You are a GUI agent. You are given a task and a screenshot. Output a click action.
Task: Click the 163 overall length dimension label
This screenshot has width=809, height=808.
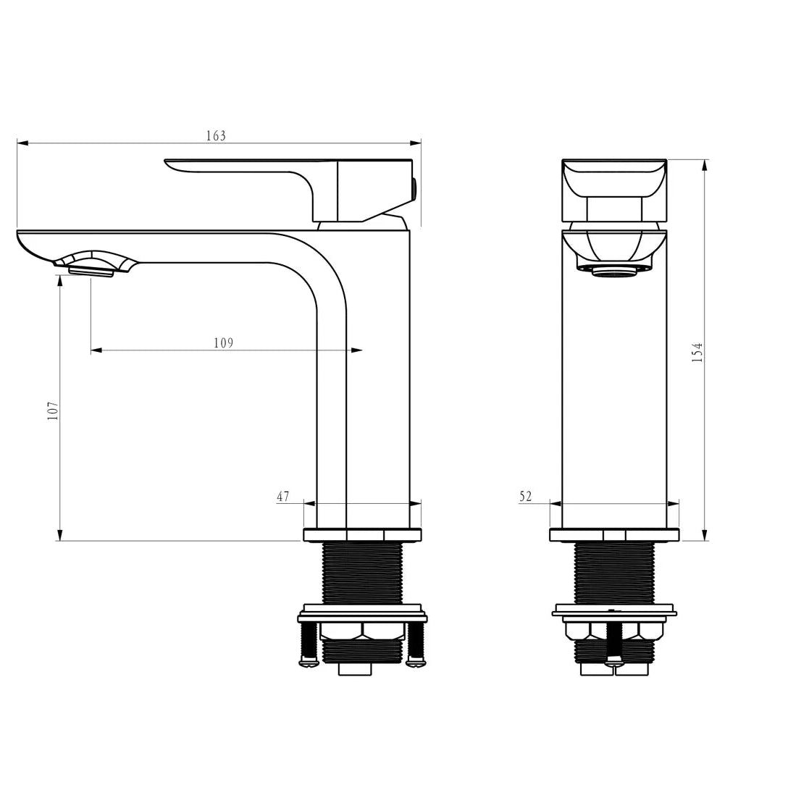click(216, 135)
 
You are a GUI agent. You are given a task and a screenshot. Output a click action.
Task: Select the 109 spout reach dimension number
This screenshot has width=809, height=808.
click(223, 342)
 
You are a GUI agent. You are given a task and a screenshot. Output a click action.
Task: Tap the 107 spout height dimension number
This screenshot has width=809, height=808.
click(53, 411)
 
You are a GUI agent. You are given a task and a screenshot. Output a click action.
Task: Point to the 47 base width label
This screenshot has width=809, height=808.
click(282, 497)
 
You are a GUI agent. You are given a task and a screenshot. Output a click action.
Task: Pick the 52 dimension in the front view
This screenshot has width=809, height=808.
click(525, 497)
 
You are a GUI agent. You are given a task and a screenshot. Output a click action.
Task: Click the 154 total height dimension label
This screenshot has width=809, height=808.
click(697, 353)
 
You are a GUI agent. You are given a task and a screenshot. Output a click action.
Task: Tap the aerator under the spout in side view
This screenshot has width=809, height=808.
click(91, 271)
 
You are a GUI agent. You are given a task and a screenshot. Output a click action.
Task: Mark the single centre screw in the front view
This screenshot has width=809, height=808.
click(614, 641)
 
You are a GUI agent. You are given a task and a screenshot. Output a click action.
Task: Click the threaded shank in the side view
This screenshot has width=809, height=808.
click(362, 572)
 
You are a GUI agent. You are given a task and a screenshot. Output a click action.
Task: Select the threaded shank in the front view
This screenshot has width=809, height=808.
click(614, 572)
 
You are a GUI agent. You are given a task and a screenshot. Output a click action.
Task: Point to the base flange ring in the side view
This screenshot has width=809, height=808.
click(362, 535)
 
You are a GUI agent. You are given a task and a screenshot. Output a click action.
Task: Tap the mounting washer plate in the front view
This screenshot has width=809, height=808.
click(614, 610)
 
